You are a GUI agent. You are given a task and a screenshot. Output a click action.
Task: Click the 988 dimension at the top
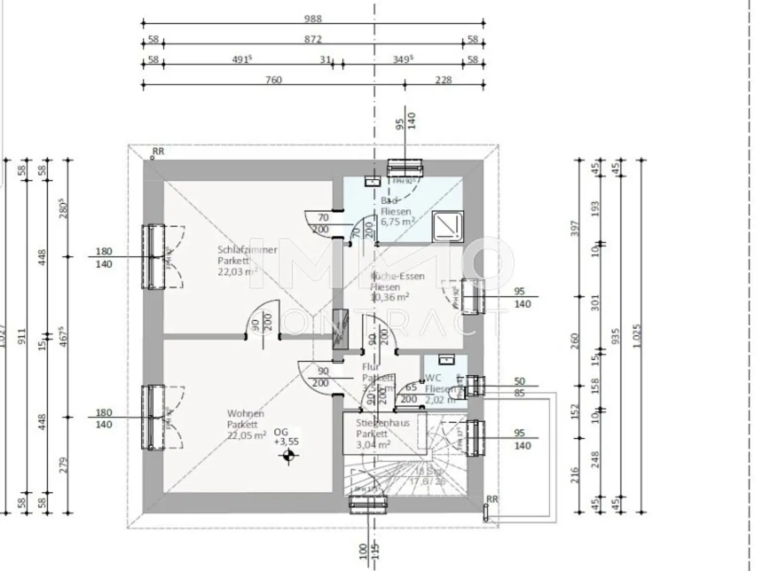(x=313, y=19)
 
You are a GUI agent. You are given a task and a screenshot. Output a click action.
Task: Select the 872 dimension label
(x=313, y=39)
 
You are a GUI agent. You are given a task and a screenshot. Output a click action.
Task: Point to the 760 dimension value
(x=273, y=80)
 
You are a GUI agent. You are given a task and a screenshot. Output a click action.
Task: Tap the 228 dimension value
(x=443, y=80)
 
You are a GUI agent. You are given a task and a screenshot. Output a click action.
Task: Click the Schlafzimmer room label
(x=247, y=250)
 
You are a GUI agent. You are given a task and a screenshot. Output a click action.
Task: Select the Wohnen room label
(x=246, y=413)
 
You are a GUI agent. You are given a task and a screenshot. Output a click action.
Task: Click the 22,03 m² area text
(x=237, y=272)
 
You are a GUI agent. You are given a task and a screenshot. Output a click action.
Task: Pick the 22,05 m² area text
(x=247, y=436)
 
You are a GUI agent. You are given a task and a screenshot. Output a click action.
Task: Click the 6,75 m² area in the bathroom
(x=397, y=222)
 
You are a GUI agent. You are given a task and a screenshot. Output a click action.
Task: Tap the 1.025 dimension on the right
(x=637, y=336)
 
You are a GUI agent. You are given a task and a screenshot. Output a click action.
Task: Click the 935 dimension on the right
(x=616, y=336)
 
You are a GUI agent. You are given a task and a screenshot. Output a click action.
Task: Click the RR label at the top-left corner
(x=158, y=152)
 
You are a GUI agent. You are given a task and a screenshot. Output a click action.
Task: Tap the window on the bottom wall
(x=368, y=504)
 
